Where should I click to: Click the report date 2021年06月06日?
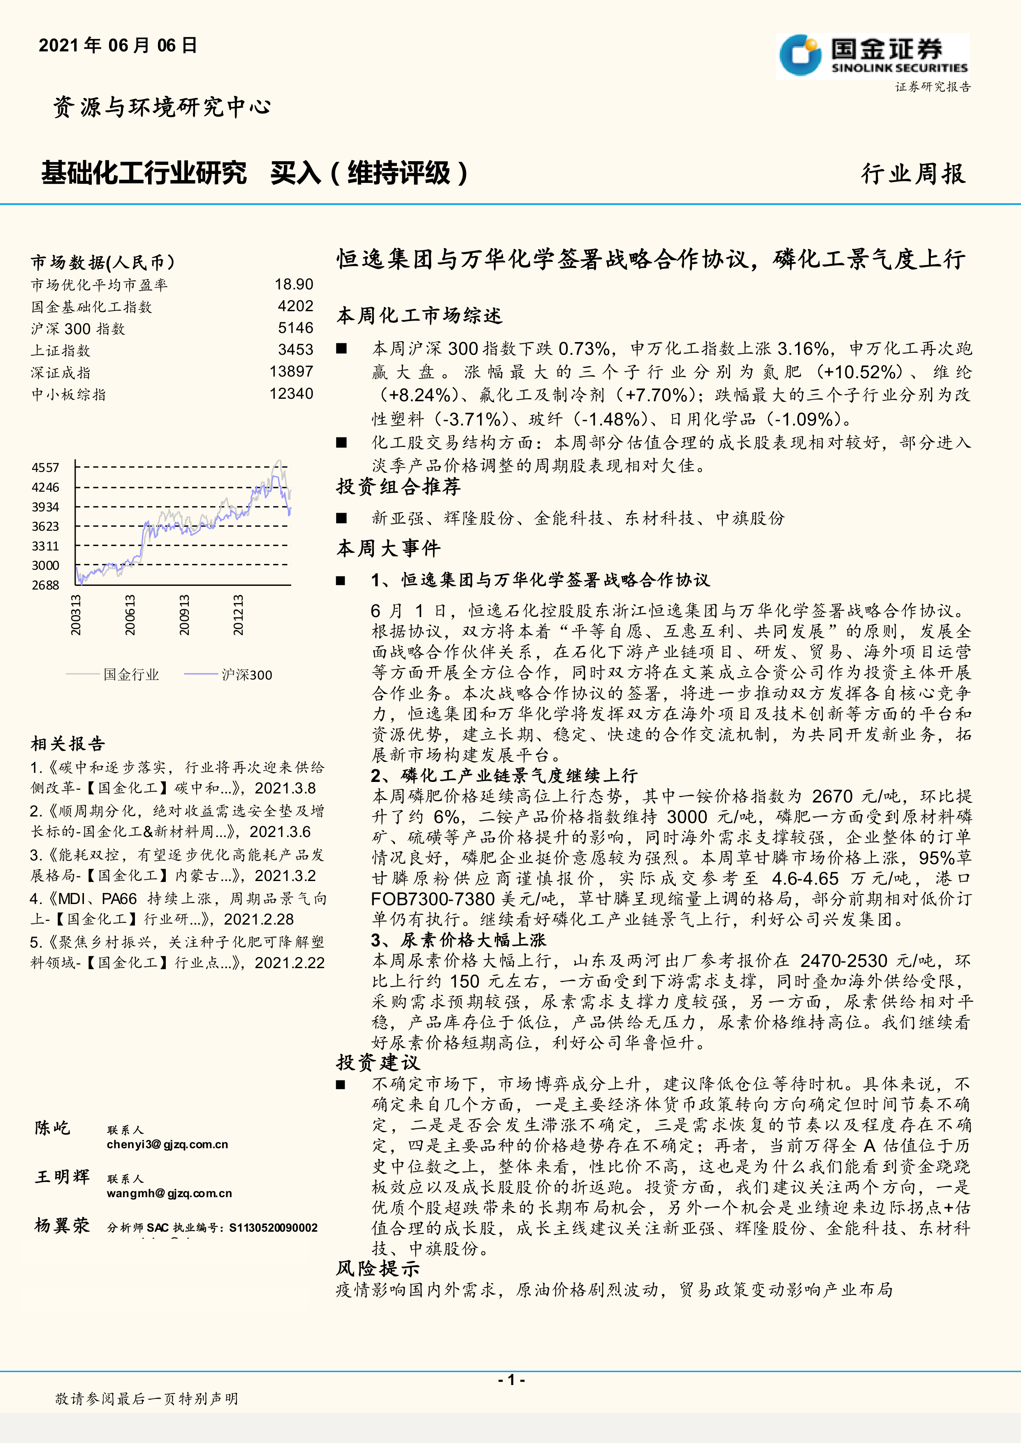(118, 45)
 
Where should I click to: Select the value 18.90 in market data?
(294, 285)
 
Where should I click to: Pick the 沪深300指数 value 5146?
(295, 328)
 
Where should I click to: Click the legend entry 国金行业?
(131, 674)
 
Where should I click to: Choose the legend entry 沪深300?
(246, 674)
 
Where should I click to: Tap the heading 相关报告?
(68, 744)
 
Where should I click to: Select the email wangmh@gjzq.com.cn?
(169, 1193)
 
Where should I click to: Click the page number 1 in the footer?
(511, 1380)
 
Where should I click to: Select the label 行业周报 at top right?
(913, 173)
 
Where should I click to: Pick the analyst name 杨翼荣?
(62, 1225)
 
